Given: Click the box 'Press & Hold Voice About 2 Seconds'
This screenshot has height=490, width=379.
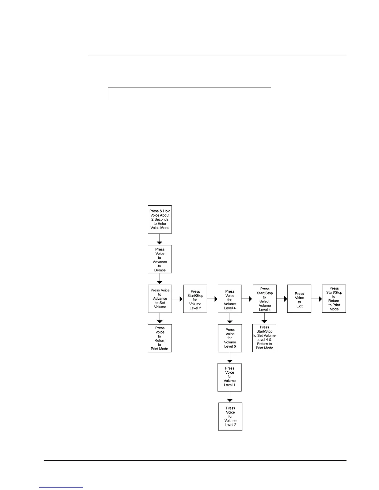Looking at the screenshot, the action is pyautogui.click(x=159, y=219).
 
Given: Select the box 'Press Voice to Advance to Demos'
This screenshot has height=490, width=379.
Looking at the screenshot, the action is pyautogui.click(x=160, y=259).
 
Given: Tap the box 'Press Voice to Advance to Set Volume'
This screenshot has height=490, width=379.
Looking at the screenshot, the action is pyautogui.click(x=160, y=299).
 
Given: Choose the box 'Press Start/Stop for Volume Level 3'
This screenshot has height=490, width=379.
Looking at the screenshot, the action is pyautogui.click(x=195, y=299).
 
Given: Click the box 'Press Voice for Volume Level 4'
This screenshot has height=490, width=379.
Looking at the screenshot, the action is pyautogui.click(x=230, y=299).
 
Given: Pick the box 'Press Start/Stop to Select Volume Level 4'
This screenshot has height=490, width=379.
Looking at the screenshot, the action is pyautogui.click(x=264, y=299).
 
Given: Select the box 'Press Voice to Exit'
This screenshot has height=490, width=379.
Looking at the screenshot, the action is pyautogui.click(x=299, y=299).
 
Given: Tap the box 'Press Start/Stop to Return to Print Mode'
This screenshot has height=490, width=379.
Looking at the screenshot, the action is pyautogui.click(x=334, y=299).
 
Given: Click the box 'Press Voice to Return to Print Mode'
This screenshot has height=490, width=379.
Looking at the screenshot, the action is pyautogui.click(x=160, y=338).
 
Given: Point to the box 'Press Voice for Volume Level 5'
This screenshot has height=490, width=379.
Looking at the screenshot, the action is pyautogui.click(x=230, y=338).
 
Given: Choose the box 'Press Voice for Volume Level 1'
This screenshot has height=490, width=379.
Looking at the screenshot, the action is pyautogui.click(x=230, y=377).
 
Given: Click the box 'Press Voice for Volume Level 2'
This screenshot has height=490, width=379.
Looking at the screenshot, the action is pyautogui.click(x=230, y=416).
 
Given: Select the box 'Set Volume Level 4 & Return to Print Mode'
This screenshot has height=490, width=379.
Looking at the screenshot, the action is pyautogui.click(x=264, y=338).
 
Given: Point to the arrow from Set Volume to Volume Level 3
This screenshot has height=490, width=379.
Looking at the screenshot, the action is pyautogui.click(x=177, y=299).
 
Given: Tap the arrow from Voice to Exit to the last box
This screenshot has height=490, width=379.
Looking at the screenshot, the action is pyautogui.click(x=316, y=299).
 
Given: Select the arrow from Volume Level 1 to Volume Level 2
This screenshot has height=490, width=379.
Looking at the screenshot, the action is pyautogui.click(x=230, y=397).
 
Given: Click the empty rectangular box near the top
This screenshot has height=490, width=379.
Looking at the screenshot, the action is pyautogui.click(x=189, y=94).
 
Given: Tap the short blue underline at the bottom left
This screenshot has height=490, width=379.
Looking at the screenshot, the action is pyautogui.click(x=62, y=488).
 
